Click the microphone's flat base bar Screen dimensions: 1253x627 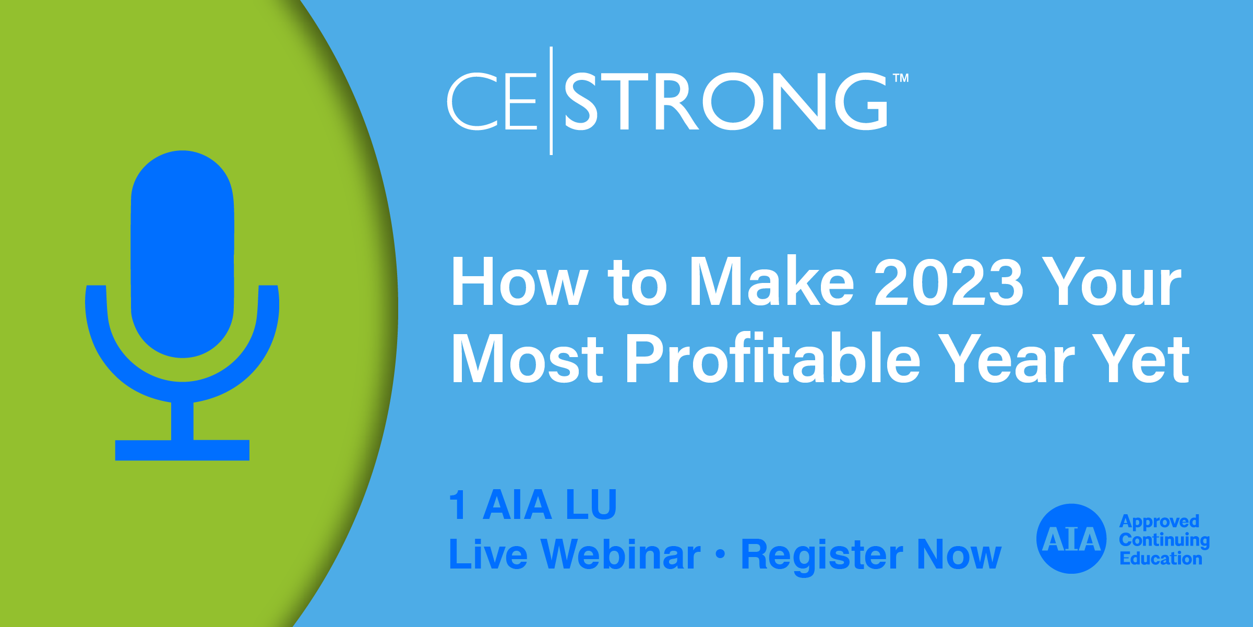182,450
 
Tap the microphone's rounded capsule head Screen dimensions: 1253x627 182,254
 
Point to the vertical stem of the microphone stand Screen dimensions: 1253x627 182,421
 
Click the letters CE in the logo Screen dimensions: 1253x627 492,101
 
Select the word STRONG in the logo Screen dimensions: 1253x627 726,101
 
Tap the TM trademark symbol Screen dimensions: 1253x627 901,78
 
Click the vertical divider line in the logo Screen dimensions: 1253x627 551,101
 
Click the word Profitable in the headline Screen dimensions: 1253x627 772,359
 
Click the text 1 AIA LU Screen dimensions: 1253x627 533,504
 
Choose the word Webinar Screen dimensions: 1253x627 620,554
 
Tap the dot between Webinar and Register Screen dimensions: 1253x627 721,554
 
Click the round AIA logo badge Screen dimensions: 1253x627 1071,539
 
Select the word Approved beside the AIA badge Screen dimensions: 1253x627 1159,522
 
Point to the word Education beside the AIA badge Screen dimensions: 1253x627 1161,558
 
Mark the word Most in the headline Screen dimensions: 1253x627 527,359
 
